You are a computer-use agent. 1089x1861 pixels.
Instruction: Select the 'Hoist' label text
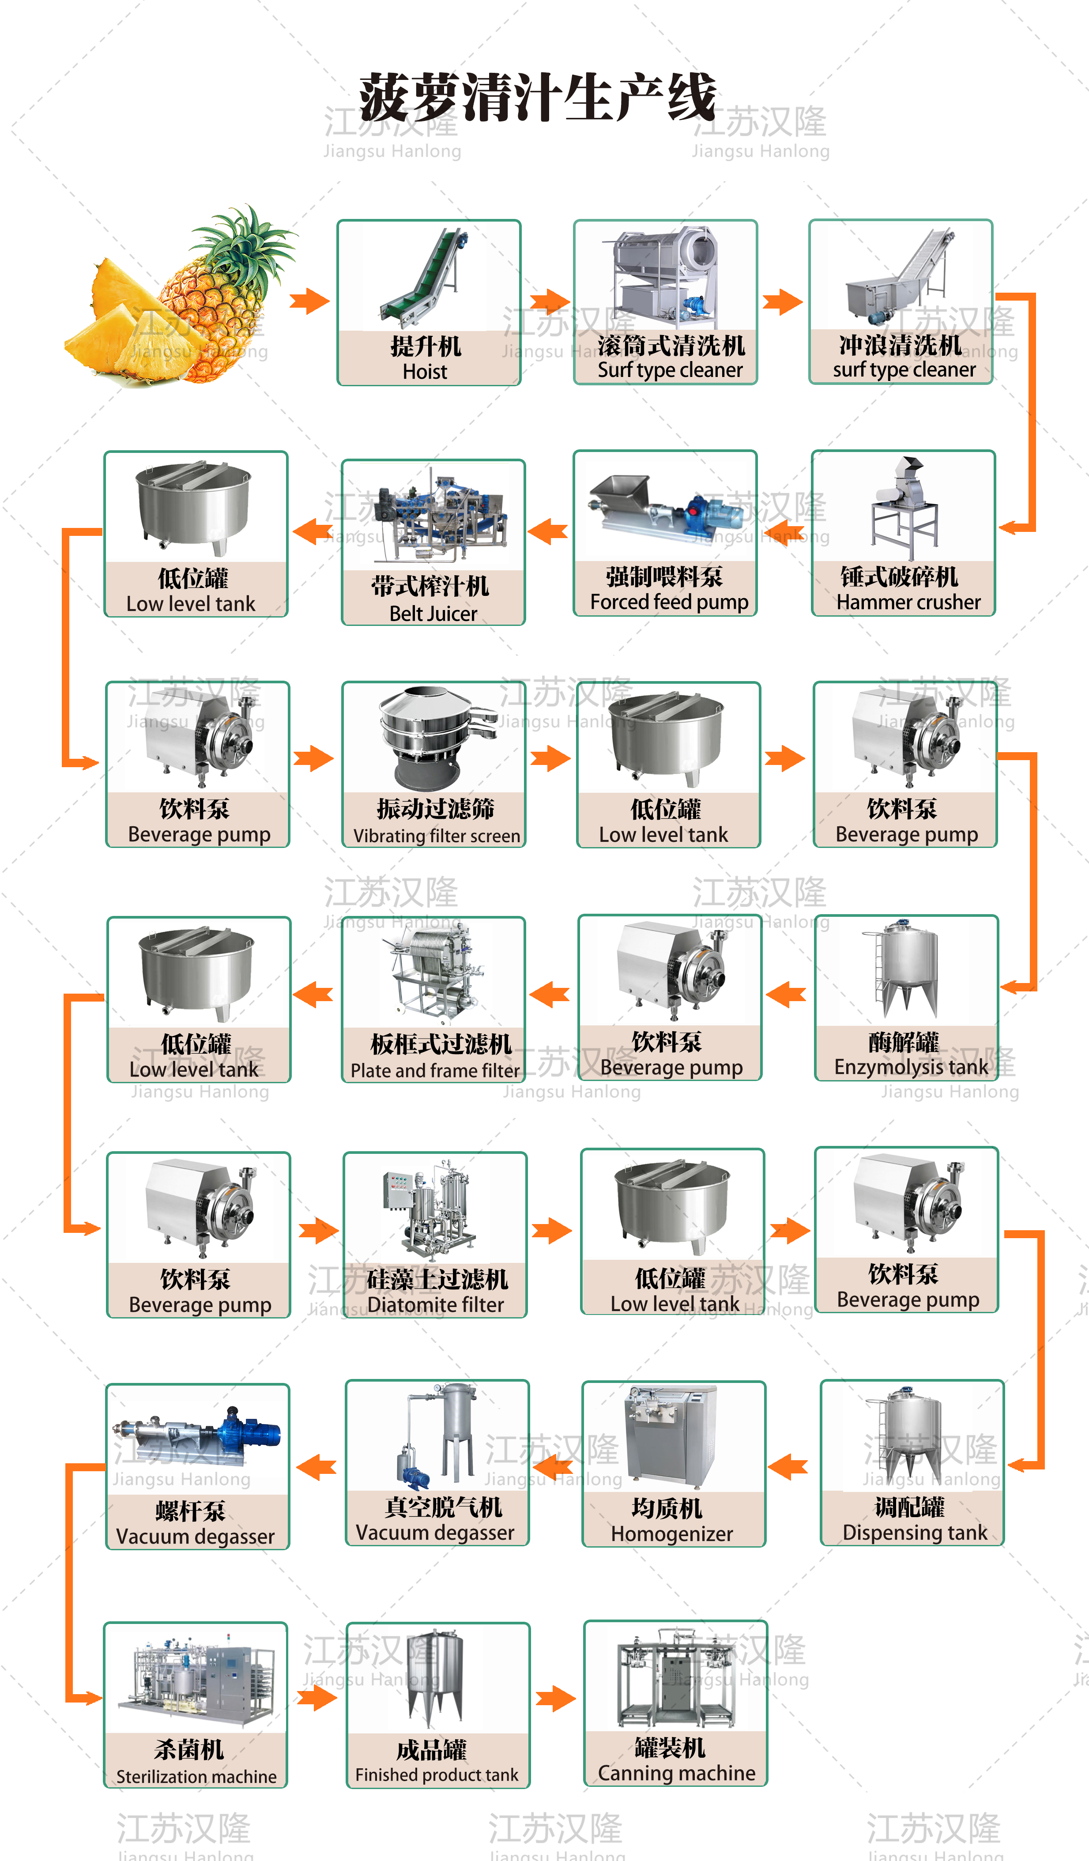coord(425,372)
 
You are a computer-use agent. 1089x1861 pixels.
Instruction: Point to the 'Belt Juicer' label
coord(433,614)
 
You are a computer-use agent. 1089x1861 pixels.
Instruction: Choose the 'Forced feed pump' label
coord(669,603)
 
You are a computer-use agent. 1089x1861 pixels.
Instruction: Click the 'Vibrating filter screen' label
coord(436,836)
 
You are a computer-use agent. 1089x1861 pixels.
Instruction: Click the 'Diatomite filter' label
coord(436,1305)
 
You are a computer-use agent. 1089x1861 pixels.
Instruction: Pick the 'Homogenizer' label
coord(672,1534)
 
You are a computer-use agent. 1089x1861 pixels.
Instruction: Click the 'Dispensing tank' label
coord(915,1533)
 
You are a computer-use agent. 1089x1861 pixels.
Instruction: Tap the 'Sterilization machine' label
coord(196,1777)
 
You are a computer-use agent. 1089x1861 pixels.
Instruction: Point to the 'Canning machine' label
coord(676,1773)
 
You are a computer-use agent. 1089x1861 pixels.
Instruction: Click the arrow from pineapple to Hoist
coord(309,301)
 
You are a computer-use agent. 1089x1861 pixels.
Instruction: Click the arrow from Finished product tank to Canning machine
coord(555,1699)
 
